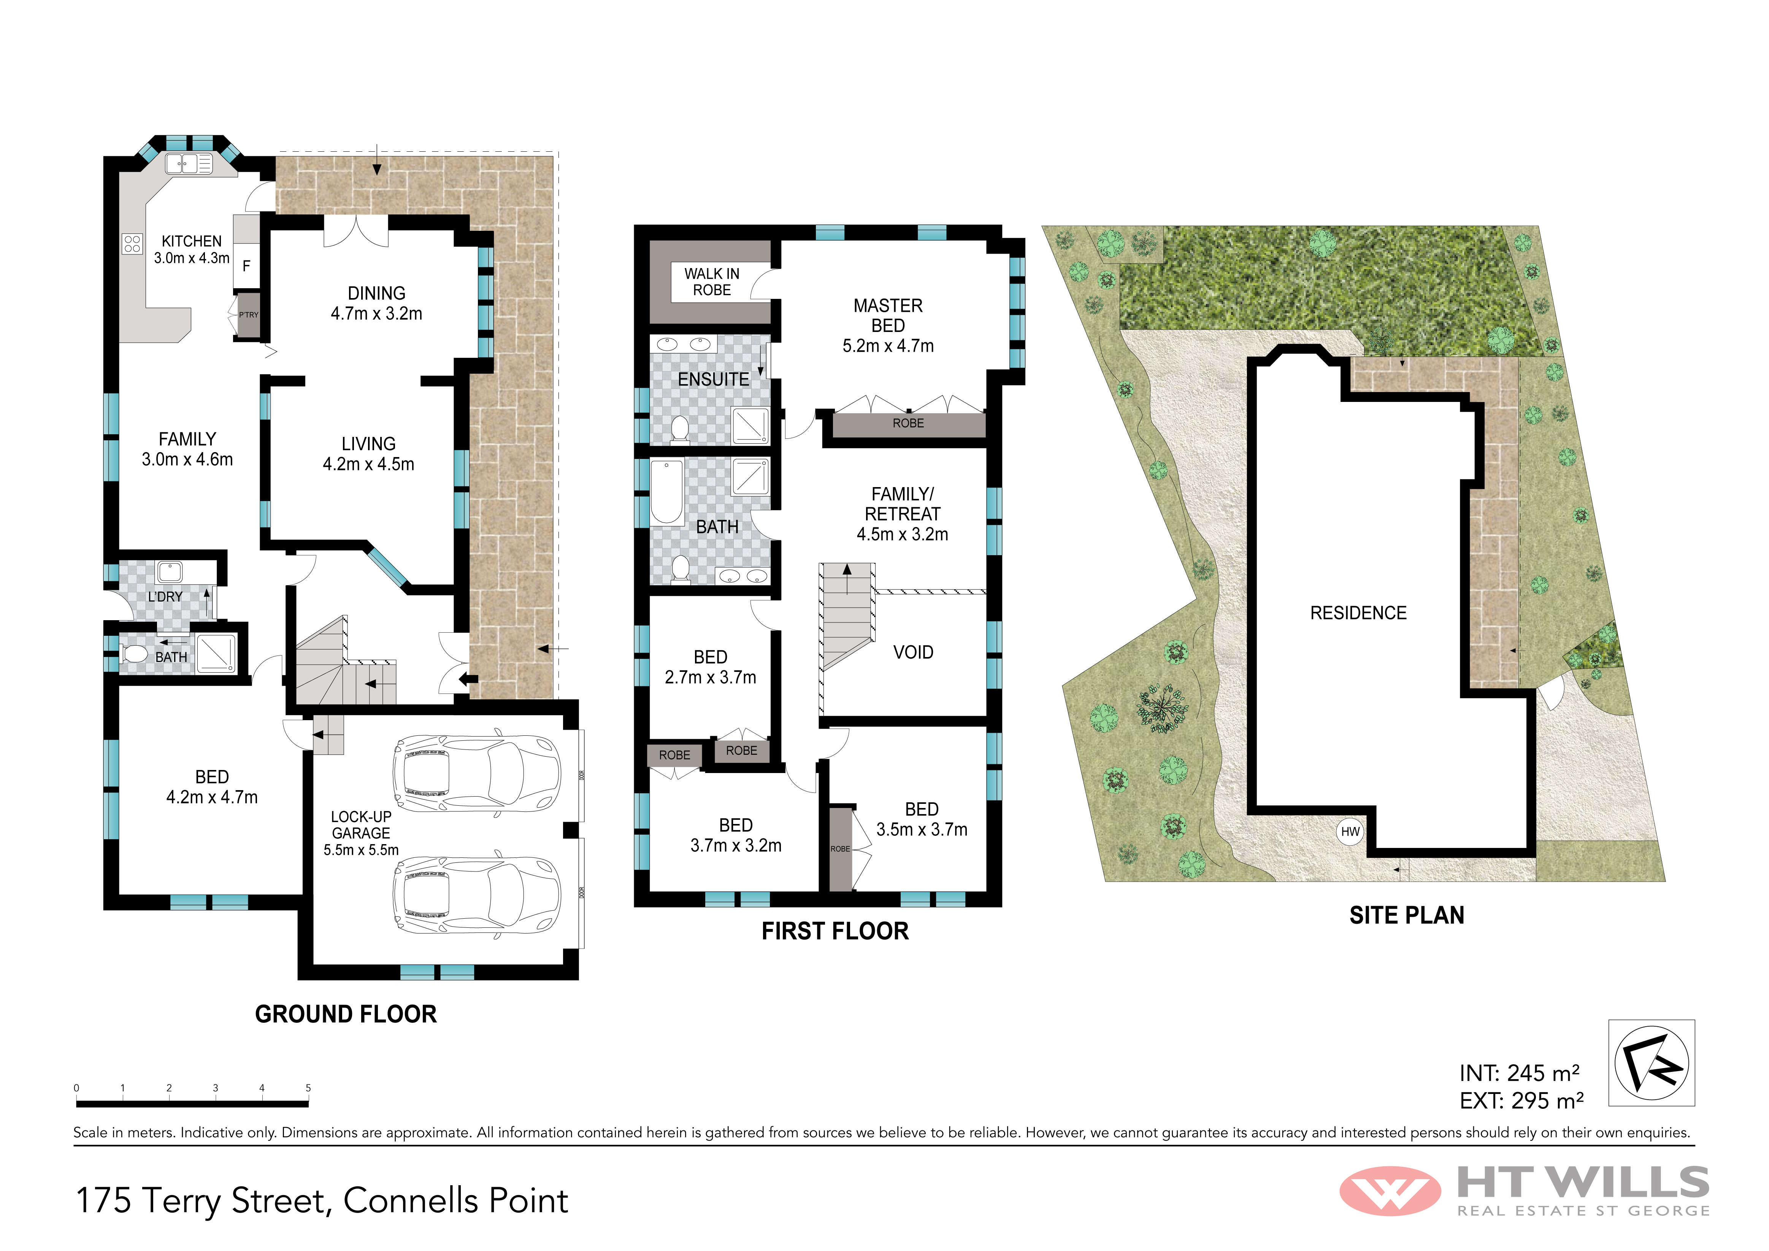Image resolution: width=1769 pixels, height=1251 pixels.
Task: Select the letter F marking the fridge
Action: (x=247, y=266)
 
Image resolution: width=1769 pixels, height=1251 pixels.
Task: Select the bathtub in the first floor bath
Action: (x=667, y=491)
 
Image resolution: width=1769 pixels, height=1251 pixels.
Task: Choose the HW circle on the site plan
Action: (x=1350, y=832)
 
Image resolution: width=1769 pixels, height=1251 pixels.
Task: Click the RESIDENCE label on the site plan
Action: (x=1358, y=613)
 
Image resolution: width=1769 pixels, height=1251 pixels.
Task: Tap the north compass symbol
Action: (x=1651, y=1063)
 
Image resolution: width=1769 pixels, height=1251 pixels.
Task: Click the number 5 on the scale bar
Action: (x=308, y=1087)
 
